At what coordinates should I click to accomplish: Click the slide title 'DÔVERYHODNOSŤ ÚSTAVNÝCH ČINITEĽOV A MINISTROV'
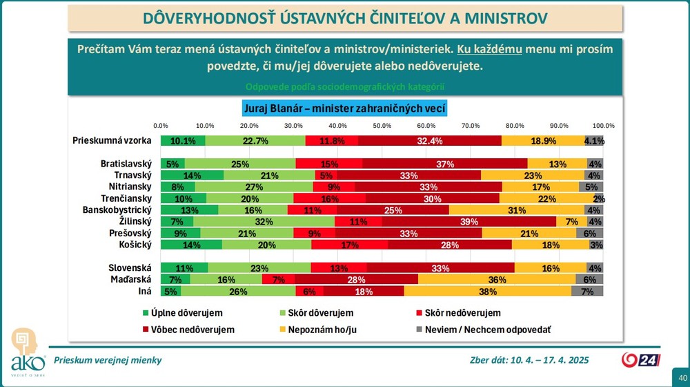pyautogui.click(x=346, y=17)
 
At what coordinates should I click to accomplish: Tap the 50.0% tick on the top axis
pyautogui.click(x=382, y=126)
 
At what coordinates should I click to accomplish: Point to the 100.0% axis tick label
pyautogui.click(x=603, y=126)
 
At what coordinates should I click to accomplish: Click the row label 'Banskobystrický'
pyautogui.click(x=115, y=210)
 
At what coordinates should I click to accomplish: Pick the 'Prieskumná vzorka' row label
pyautogui.click(x=112, y=140)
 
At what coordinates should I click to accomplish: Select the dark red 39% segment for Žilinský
pyautogui.click(x=469, y=221)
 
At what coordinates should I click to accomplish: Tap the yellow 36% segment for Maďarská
pyautogui.click(x=496, y=279)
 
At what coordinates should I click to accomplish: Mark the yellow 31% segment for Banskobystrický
pyautogui.click(x=516, y=210)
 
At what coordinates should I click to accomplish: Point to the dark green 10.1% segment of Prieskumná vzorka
pyautogui.click(x=183, y=141)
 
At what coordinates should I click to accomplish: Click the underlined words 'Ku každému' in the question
pyautogui.click(x=489, y=50)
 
